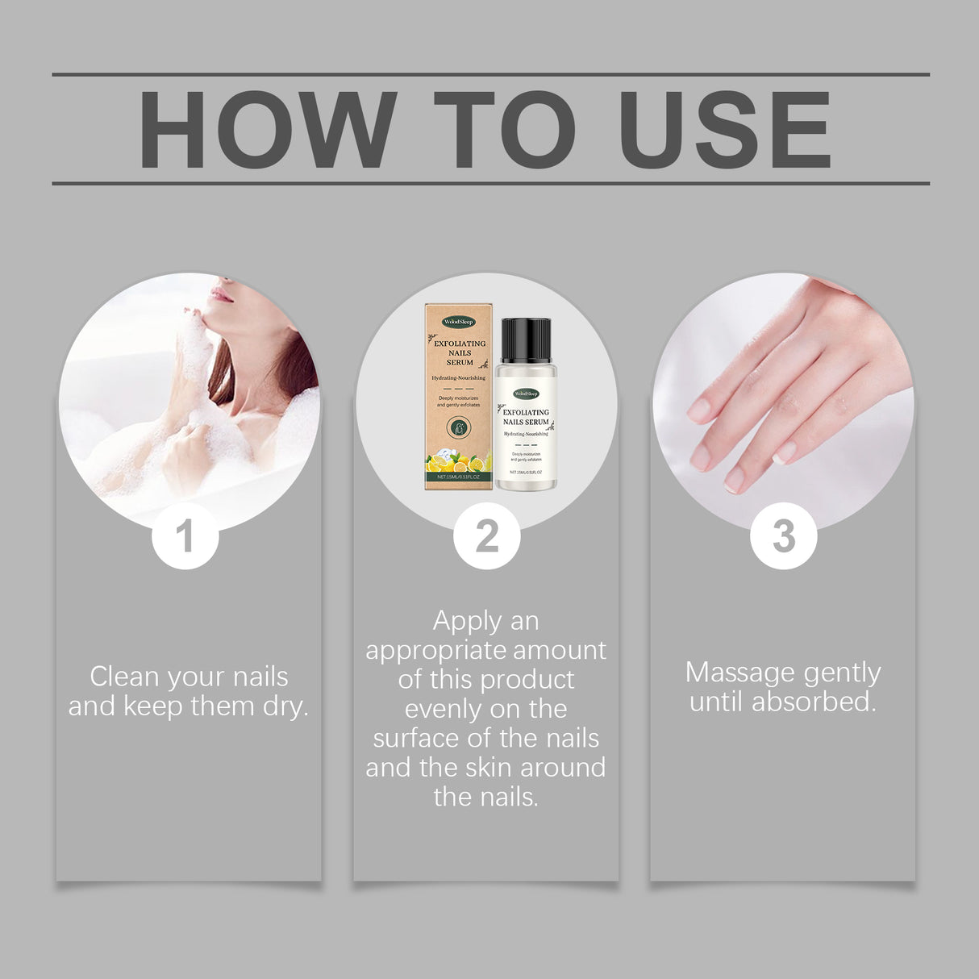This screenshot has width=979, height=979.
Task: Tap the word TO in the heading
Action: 504,130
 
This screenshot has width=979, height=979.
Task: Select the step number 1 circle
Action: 185,536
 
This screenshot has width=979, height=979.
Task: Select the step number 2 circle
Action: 486,536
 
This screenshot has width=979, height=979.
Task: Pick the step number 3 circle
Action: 783,536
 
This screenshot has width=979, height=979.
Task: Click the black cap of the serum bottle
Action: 526,339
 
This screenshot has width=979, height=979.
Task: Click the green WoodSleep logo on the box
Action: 459,322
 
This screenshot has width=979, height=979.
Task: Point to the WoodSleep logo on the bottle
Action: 526,394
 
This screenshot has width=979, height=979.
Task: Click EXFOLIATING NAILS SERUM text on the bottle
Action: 526,417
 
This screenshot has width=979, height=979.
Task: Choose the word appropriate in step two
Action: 436,650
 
